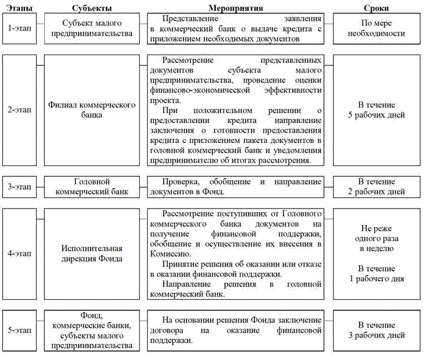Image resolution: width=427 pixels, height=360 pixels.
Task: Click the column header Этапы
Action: pos(15,8)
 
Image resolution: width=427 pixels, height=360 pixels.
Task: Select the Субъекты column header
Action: pos(92,8)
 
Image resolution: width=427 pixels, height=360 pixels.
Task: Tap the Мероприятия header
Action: pos(234,8)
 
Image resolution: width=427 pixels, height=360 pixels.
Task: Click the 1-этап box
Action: pos(18,28)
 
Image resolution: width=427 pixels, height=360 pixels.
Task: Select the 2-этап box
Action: pos(18,110)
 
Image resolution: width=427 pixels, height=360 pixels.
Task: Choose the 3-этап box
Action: pos(18,187)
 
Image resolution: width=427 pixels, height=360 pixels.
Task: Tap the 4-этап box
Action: pos(18,255)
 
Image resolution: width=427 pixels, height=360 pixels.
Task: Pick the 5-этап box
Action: pos(18,331)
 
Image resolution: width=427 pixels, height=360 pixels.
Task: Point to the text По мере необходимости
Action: pos(376,28)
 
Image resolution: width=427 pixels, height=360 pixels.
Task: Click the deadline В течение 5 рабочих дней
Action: pos(376,110)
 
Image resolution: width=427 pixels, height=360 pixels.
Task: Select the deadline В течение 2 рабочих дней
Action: pos(376,187)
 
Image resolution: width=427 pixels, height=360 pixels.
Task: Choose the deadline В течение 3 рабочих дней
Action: pos(376,330)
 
